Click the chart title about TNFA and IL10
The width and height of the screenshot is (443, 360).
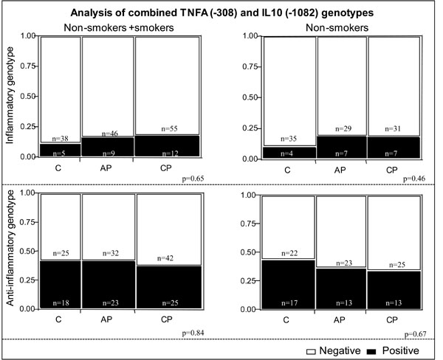pyautogui.click(x=221, y=12)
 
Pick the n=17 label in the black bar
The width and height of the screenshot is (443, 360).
pyautogui.click(x=282, y=302)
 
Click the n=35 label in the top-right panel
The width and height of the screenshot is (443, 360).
pyautogui.click(x=282, y=138)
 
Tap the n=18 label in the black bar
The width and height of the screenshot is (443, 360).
pyautogui.click(x=59, y=302)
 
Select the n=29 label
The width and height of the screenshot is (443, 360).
pyautogui.click(x=329, y=130)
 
